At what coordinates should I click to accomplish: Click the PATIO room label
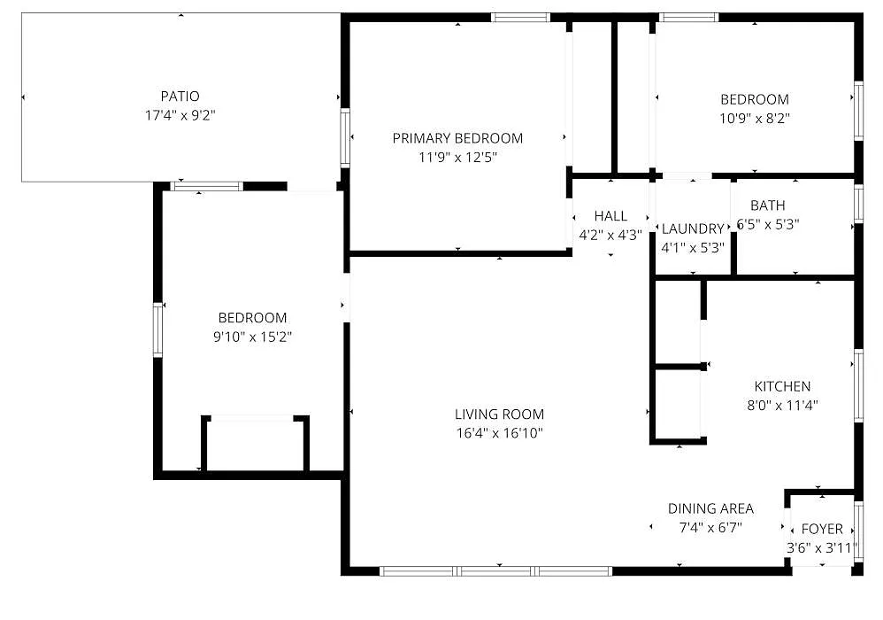180,97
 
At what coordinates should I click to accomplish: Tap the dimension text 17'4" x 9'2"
180,115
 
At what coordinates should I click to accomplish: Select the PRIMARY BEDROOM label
457,138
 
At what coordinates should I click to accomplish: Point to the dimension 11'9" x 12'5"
457,158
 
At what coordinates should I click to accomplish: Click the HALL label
611,216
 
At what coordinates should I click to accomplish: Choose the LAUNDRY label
693,229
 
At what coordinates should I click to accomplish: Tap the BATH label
768,205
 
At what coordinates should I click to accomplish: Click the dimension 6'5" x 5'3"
768,224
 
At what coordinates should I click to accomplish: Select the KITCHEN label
783,386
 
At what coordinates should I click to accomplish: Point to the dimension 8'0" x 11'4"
783,406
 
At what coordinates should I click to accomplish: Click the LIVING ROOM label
500,415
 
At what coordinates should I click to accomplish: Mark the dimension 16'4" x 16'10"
500,433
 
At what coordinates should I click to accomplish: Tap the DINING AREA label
710,508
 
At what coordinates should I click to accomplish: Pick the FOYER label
822,529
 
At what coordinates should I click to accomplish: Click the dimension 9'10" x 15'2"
252,337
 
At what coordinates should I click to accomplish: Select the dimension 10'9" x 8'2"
755,119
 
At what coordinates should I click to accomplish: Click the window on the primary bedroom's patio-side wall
345,137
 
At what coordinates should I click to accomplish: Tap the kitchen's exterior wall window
859,385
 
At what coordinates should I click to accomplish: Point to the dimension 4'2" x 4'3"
611,235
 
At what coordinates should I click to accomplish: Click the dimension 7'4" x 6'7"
710,528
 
